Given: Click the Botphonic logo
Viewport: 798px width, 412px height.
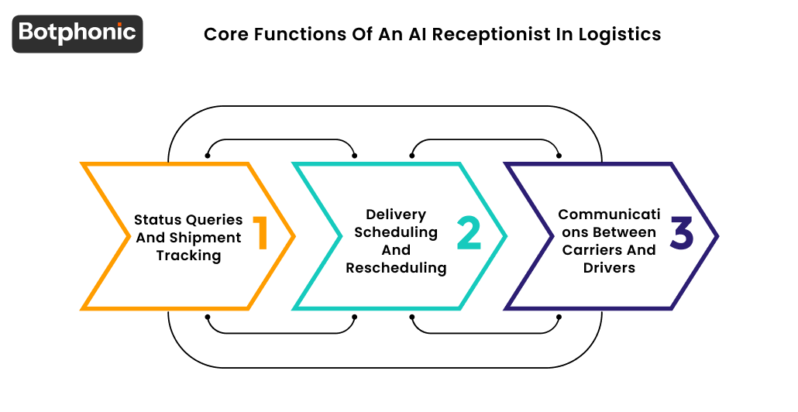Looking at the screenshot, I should click(77, 33).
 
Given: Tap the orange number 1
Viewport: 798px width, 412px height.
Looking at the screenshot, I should click(260, 234).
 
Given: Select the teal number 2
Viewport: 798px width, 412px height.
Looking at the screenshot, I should click(469, 234).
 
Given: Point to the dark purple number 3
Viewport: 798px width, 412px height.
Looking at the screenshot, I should click(682, 234).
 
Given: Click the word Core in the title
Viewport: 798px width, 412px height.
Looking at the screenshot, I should click(224, 35).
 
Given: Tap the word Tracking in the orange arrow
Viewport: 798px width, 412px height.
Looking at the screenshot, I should click(188, 256).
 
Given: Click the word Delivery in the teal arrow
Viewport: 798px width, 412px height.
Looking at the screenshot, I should click(397, 215).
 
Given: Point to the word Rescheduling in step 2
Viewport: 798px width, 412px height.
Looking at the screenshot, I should click(397, 268).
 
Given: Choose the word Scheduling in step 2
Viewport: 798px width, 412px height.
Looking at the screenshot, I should click(397, 232).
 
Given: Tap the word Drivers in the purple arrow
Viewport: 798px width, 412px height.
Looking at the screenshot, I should click(609, 268).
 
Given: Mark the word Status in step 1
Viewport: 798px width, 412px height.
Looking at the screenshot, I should click(158, 220).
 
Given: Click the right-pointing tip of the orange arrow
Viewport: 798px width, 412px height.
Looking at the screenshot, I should click(294, 235).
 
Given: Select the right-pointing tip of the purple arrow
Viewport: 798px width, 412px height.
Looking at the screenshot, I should click(717, 235).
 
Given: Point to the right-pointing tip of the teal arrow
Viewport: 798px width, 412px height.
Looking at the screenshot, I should click(505, 235).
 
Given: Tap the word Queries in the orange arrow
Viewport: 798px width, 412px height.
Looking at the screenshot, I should click(215, 220).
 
